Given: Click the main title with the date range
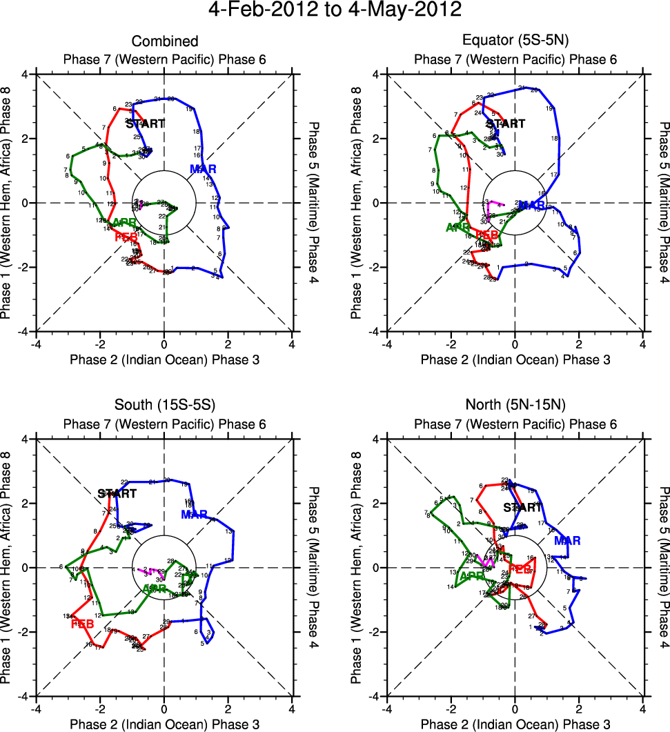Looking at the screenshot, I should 335,11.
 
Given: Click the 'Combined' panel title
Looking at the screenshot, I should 164,42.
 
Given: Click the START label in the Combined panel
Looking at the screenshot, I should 146,124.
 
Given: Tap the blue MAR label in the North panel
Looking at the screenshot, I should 567,540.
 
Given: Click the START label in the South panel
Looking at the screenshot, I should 117,494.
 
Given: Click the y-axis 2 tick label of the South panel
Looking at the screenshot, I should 26,504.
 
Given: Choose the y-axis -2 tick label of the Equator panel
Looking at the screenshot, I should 375,268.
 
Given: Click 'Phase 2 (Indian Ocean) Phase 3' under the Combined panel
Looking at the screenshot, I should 164,359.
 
